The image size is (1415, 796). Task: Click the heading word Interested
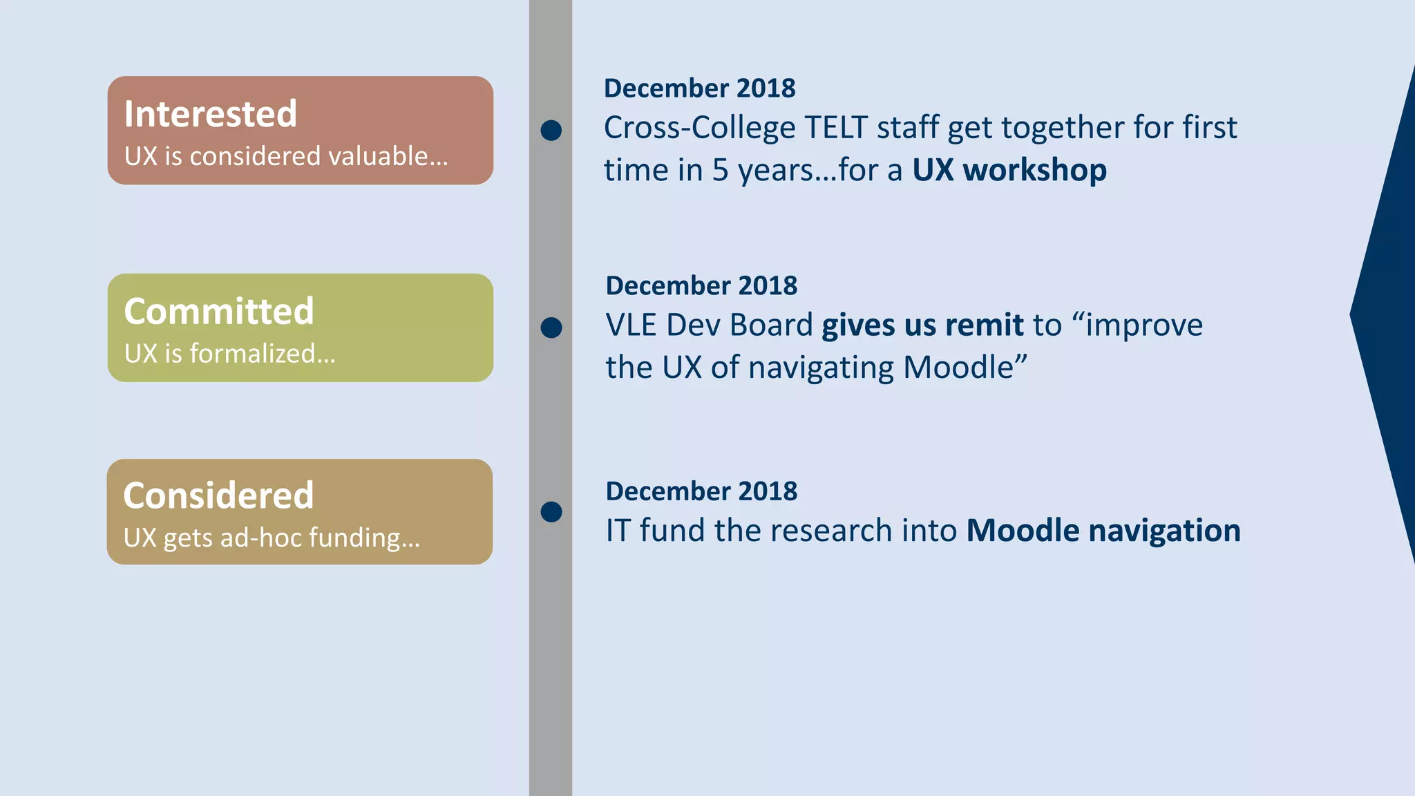(x=211, y=114)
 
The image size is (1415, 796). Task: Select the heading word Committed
(x=219, y=311)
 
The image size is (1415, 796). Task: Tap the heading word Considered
(x=218, y=495)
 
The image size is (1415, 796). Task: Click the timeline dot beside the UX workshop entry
(x=551, y=130)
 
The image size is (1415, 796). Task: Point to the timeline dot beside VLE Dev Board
(x=551, y=328)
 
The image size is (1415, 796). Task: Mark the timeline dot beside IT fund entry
(x=551, y=512)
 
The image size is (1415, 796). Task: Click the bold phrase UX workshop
(x=1009, y=170)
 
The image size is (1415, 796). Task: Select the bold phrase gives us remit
(x=922, y=325)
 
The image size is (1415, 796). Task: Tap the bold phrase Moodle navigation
(x=1103, y=531)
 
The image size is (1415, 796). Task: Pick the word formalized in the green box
(x=262, y=354)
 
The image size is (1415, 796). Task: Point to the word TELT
(x=836, y=128)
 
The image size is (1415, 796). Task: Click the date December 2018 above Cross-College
(x=699, y=88)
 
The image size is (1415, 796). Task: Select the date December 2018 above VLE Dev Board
(x=701, y=285)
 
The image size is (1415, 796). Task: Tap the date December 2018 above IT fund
(x=701, y=491)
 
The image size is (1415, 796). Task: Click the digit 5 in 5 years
(x=720, y=171)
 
